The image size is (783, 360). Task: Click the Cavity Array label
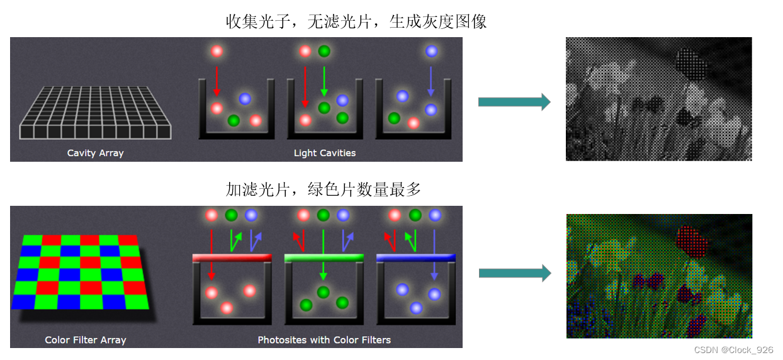95,153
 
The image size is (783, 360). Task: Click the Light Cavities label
325,153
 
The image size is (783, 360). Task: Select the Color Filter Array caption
86,340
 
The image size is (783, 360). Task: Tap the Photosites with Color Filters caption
324,340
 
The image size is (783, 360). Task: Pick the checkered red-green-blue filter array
81,272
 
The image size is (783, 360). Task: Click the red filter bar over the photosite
231,257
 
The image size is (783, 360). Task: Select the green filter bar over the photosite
324,257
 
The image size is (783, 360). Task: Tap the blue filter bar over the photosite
415,257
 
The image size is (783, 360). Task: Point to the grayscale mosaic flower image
658,99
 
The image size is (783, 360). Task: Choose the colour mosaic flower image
658,276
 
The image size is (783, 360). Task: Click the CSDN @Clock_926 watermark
733,350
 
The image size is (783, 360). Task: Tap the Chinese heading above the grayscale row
356,22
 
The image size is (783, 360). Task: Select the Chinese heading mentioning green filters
324,189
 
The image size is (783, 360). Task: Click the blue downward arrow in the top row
431,81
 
